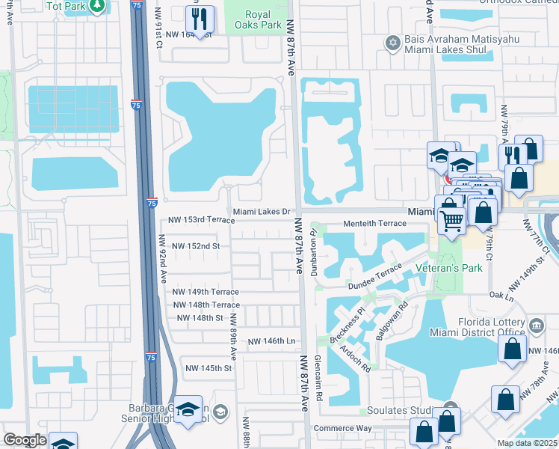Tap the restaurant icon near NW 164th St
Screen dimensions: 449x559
tap(200, 20)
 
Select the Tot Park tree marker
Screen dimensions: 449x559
tap(97, 6)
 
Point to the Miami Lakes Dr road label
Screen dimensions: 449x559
tap(261, 212)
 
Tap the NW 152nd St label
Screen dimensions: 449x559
tap(195, 245)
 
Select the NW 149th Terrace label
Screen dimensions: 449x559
tap(206, 292)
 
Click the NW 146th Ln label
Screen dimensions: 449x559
tap(271, 341)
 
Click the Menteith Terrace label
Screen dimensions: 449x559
tap(374, 224)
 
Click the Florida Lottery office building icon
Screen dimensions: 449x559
tap(537, 326)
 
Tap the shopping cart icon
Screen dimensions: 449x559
tap(452, 219)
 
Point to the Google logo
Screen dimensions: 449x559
tap(25, 441)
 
